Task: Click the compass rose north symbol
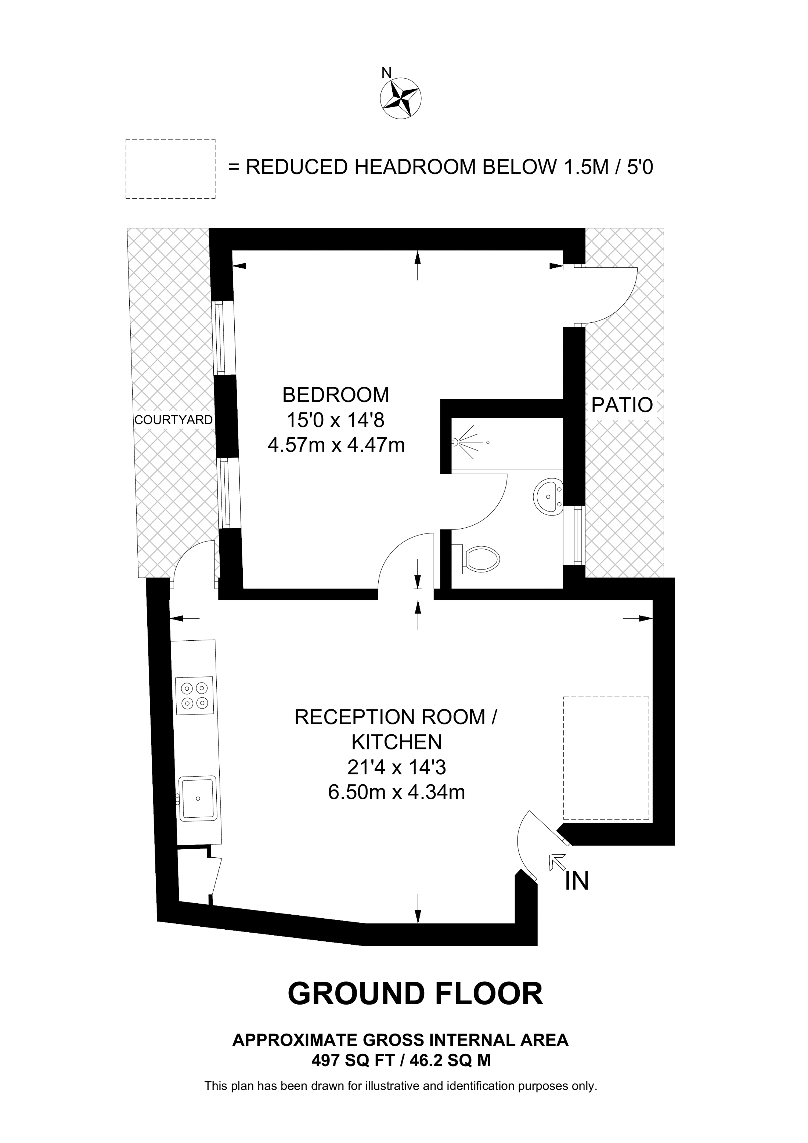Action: [400, 98]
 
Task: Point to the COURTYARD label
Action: [174, 420]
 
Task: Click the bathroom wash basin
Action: [549, 496]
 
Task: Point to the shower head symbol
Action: [470, 442]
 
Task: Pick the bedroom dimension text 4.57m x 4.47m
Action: [336, 445]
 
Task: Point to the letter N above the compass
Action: [386, 73]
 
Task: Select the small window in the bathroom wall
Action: [577, 535]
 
